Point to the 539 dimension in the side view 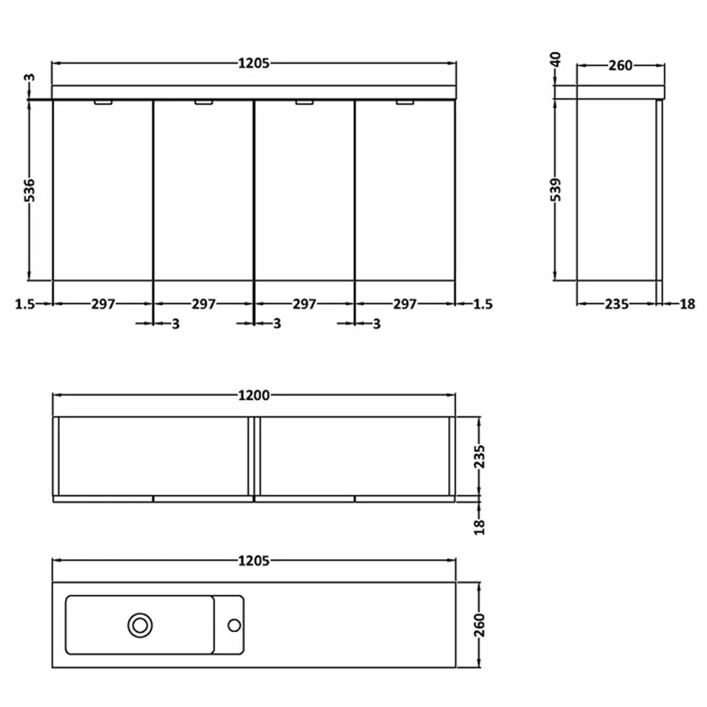point(556,189)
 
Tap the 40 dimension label point(556,59)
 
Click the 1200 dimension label point(254,396)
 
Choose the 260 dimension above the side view point(621,66)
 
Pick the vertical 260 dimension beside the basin point(480,626)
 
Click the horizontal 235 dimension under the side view point(617,304)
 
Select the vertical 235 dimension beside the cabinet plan point(480,457)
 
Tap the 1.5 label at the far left point(24,304)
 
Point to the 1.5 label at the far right point(483,304)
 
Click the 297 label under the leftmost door point(103,304)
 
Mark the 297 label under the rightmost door point(405,304)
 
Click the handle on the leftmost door point(103,103)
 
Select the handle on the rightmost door point(405,103)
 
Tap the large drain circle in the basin point(140,624)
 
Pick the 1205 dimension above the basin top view point(254,561)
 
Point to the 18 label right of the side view point(687,304)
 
